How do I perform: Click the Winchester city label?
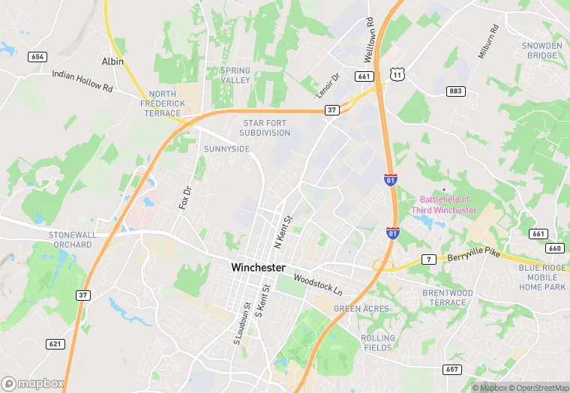click(x=258, y=267)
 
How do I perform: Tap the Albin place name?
click(x=112, y=61)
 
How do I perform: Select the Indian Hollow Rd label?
click(x=82, y=81)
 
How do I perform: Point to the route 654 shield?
click(x=37, y=57)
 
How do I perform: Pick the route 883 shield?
click(x=454, y=91)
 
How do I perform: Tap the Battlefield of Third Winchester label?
click(x=444, y=205)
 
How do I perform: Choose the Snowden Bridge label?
click(x=541, y=50)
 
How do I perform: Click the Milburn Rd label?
click(x=488, y=42)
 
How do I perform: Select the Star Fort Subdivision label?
click(x=265, y=127)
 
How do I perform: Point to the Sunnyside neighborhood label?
click(x=226, y=149)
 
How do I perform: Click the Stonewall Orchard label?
click(x=73, y=239)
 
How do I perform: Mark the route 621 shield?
click(x=55, y=344)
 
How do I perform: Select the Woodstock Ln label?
click(x=317, y=284)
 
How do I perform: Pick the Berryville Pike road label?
click(x=473, y=256)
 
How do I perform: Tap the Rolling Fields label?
click(x=377, y=343)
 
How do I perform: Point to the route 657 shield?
click(x=451, y=369)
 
